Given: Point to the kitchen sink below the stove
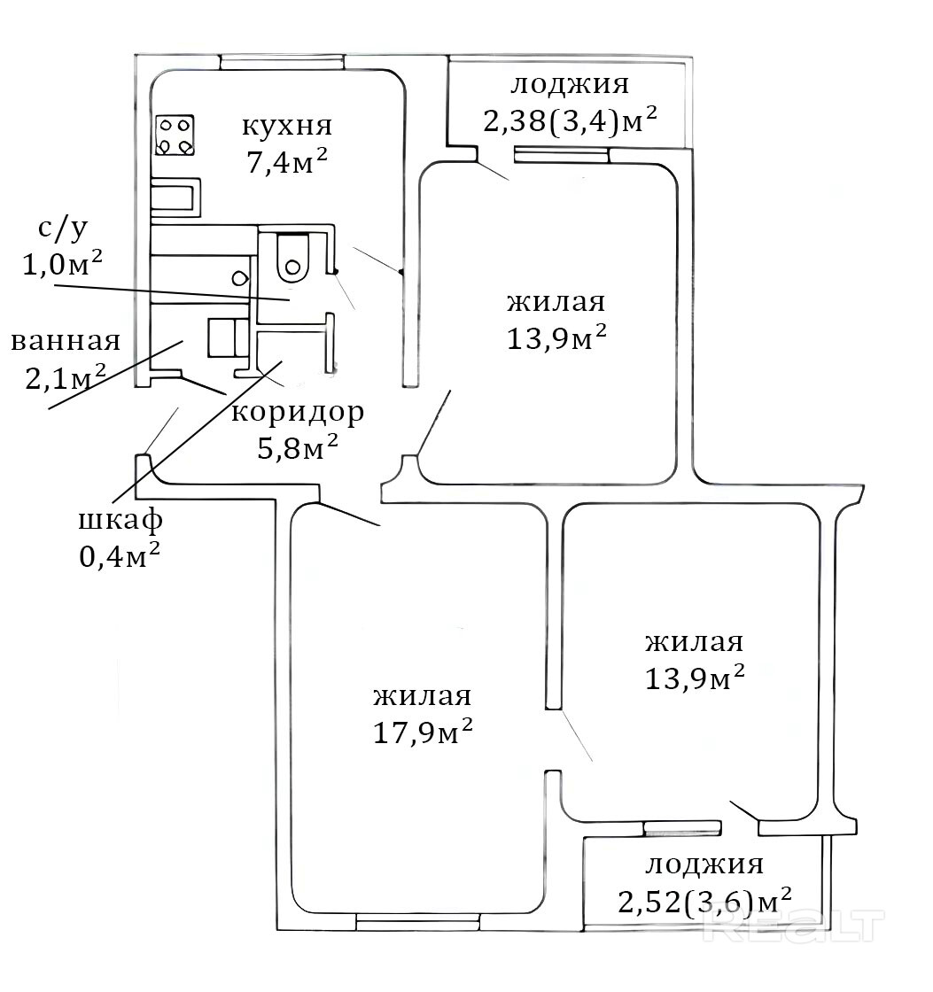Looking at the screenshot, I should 175,196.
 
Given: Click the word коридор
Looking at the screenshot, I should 298,413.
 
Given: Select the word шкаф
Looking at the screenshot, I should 121,520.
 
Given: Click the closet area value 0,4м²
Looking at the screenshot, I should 121,556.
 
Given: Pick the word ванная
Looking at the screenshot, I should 66,342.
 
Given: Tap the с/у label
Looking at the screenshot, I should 62,229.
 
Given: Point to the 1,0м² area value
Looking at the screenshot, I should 63,265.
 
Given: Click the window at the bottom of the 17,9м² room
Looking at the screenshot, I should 417,922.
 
